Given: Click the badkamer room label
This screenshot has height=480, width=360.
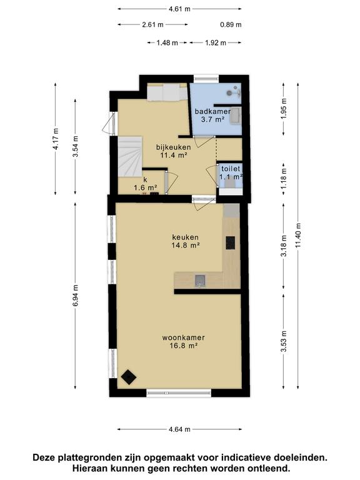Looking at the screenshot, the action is coord(212,111).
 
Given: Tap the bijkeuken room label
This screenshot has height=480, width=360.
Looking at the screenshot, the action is coord(173,147).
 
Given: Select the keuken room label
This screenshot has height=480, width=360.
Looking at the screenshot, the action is coord(185,237).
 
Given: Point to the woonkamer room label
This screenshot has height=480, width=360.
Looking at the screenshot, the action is coord(183,337).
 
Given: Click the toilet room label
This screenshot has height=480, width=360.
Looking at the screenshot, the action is coord(231,169).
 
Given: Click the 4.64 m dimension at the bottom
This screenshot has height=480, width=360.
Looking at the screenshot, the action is coord(180,429).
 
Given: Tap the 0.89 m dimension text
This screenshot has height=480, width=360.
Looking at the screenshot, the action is coord(231,24).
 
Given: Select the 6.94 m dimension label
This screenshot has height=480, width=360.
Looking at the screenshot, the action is coord(76,296).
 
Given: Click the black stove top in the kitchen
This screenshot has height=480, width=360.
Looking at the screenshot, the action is coord(231,242).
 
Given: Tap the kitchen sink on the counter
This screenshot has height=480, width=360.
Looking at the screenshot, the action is coord(200,280).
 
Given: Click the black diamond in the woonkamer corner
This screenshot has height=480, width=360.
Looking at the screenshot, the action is coord(129,377).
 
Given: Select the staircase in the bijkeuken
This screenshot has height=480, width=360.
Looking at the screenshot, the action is coord(130,156).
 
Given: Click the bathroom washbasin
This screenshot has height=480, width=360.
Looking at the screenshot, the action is coord(236,116).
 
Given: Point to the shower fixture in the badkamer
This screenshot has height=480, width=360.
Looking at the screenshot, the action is coord(234,91).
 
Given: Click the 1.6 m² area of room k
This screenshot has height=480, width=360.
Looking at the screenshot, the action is coord(146,187).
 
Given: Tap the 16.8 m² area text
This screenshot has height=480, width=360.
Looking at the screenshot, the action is coord(183,346).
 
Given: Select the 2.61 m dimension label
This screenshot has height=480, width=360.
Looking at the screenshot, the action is coord(152,24).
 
